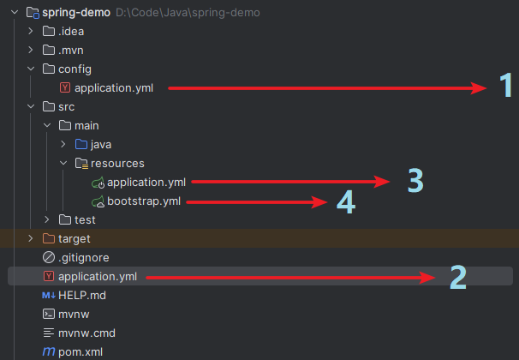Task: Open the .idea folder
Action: point(71,32)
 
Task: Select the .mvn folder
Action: point(72,50)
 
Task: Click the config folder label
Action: point(75,69)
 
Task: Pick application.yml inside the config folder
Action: point(113,87)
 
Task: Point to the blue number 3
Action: point(415,180)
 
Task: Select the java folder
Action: point(101,144)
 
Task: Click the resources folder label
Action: point(117,163)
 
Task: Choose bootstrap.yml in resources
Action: point(144,201)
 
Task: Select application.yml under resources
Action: point(146,182)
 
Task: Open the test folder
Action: point(85,220)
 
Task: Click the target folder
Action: point(74,238)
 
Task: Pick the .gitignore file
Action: point(83,257)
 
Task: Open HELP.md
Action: point(81,295)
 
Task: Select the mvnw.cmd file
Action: point(86,333)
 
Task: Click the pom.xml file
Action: point(81,351)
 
